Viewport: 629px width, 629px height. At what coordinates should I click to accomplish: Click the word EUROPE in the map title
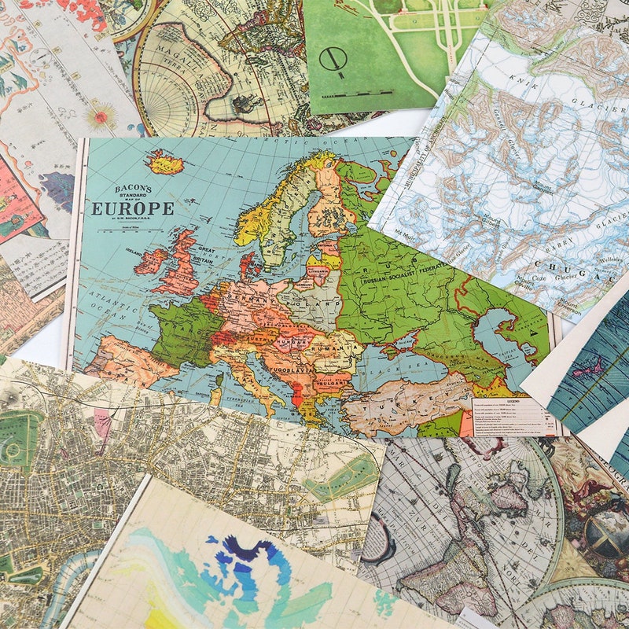pos(132,208)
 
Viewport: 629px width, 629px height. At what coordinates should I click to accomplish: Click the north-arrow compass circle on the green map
pos(331,59)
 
